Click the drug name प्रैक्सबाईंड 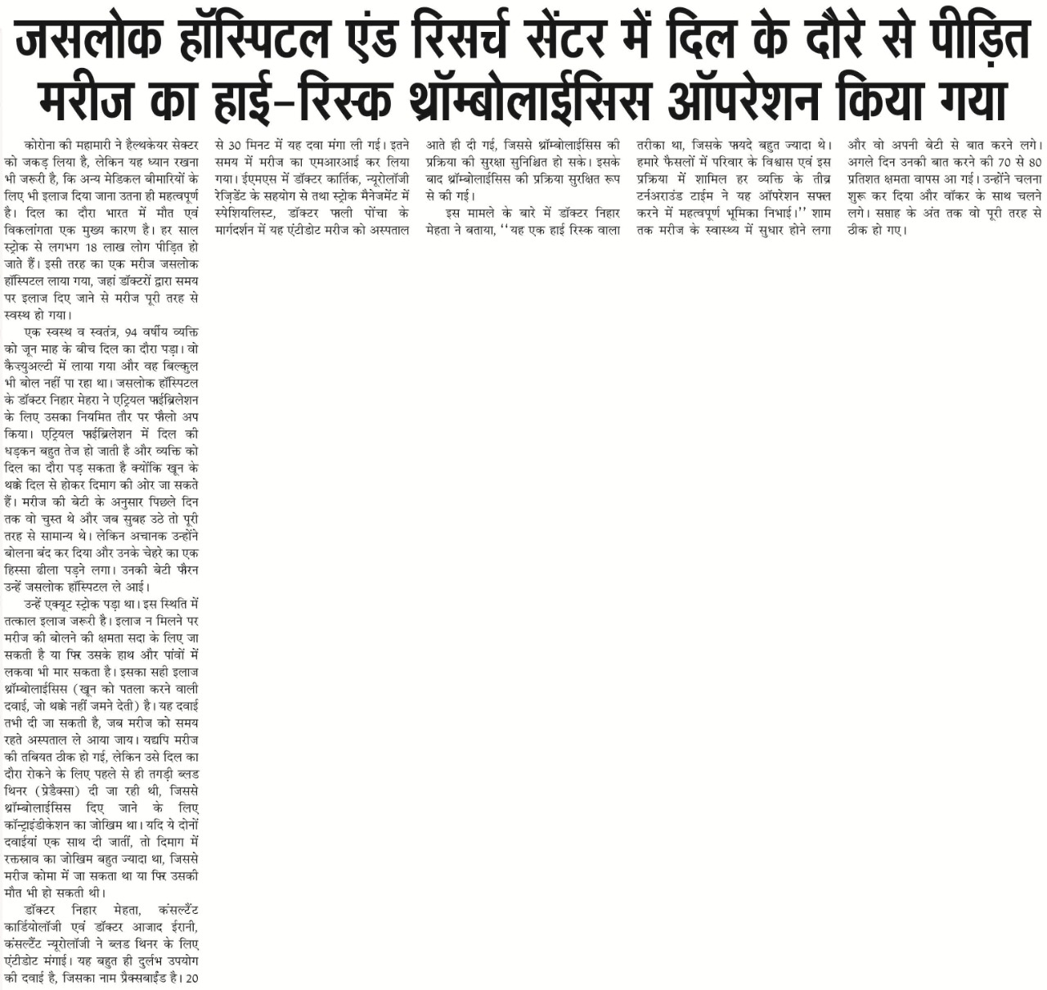click(140, 978)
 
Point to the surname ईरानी click(181, 926)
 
